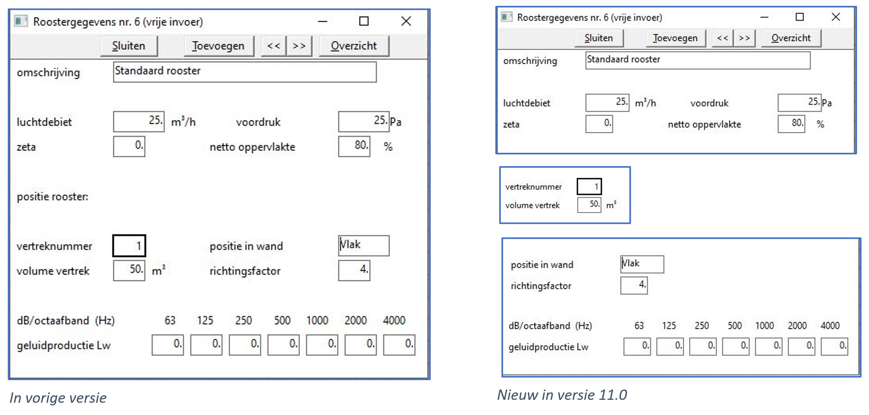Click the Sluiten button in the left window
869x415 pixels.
click(x=129, y=46)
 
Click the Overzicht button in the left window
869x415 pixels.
click(x=353, y=46)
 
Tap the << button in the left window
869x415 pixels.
click(x=273, y=46)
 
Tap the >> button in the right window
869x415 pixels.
click(x=744, y=38)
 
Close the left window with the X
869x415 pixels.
click(x=406, y=21)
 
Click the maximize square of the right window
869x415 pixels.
click(x=799, y=17)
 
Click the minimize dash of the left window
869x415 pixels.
click(x=322, y=22)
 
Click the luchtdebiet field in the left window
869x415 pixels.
click(x=139, y=122)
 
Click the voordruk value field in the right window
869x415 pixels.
click(x=799, y=103)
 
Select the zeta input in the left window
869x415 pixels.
click(x=129, y=146)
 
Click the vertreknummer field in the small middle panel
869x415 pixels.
click(x=589, y=187)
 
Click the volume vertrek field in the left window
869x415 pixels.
click(x=129, y=270)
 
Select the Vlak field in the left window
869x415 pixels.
click(x=364, y=246)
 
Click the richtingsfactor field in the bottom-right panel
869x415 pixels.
click(x=634, y=285)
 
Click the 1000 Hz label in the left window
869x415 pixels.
click(x=317, y=320)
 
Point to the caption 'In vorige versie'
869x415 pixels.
click(x=58, y=398)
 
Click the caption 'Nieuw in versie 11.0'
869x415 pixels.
click(x=562, y=395)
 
